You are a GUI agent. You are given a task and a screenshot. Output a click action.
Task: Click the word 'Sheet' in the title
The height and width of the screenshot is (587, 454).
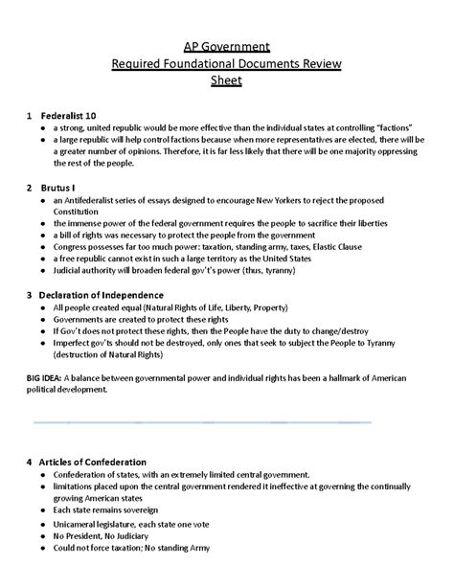[x=227, y=80]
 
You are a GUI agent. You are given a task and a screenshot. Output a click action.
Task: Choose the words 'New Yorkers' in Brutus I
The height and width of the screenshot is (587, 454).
[x=283, y=200]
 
